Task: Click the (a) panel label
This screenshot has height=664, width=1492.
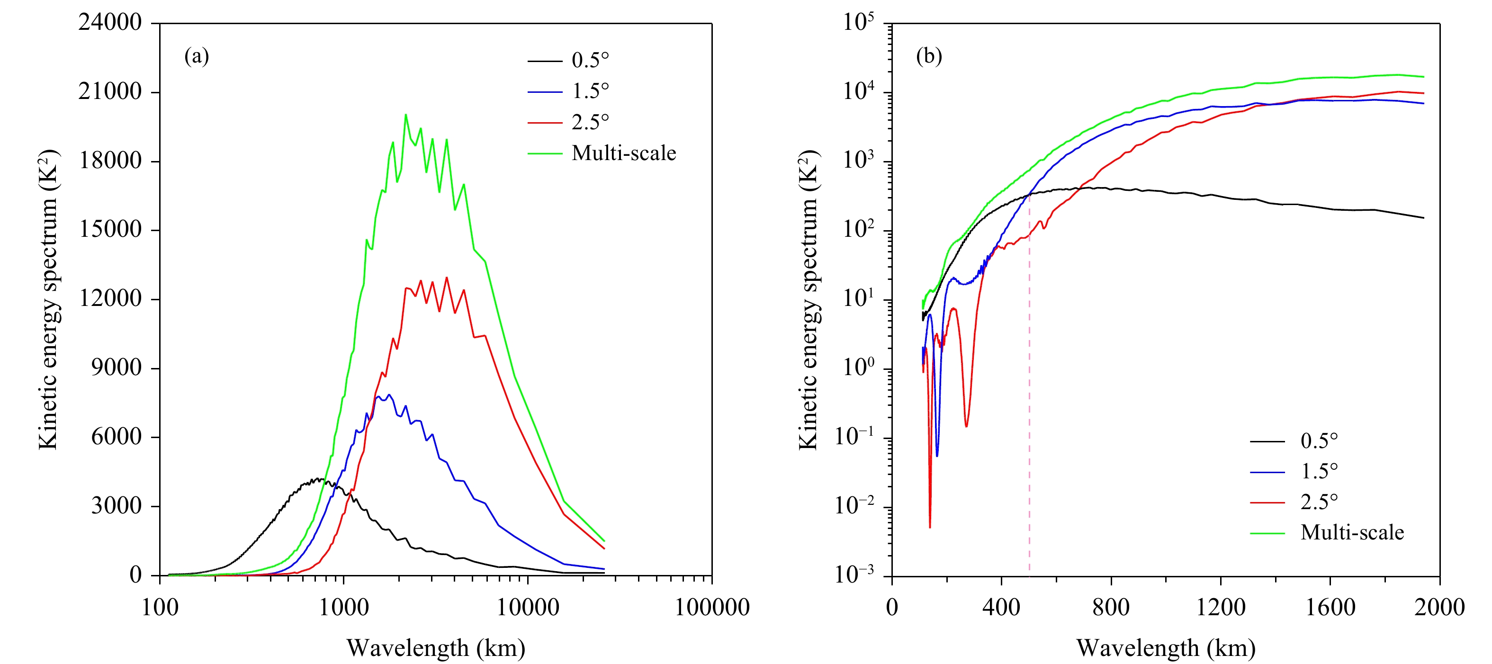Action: (197, 56)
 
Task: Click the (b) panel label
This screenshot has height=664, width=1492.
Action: (929, 56)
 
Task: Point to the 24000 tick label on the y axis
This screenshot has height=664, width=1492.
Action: (110, 23)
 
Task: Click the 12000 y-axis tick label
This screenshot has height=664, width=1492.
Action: (110, 299)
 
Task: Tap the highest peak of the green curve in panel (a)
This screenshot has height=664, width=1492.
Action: (405, 115)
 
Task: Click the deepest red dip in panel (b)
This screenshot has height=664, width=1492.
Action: (930, 527)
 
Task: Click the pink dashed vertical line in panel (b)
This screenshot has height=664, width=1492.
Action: (1029, 405)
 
